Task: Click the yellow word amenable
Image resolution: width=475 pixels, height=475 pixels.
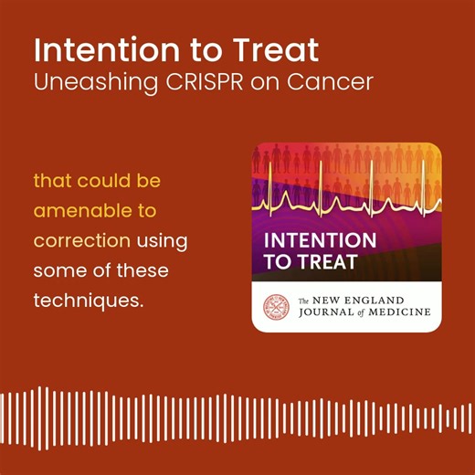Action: [x=82, y=211]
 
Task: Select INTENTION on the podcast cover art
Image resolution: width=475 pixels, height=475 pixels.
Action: [x=320, y=241]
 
